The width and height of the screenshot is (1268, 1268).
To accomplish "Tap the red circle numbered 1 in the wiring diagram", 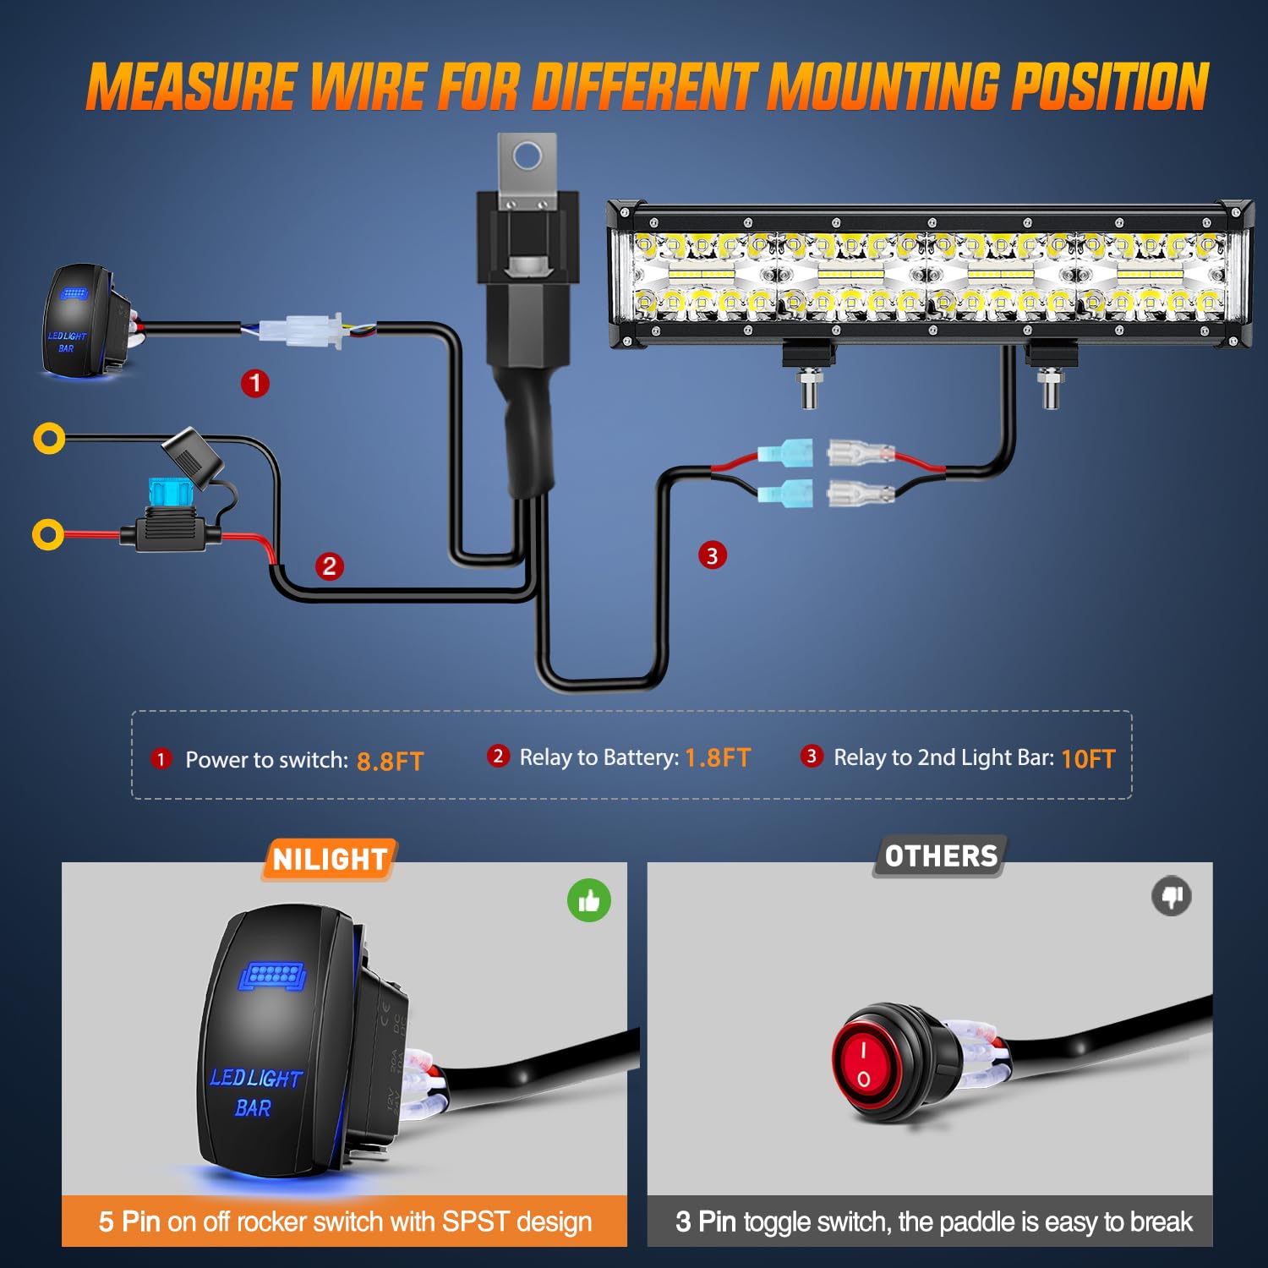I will tap(255, 384).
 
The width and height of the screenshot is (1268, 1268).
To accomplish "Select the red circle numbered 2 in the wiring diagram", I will tap(330, 566).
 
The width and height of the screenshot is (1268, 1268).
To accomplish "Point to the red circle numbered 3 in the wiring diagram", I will tap(712, 555).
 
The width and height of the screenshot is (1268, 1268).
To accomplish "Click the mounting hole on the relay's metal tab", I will tap(527, 156).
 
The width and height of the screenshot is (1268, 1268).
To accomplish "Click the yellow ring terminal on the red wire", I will tap(48, 535).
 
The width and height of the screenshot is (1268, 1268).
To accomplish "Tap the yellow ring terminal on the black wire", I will tap(49, 438).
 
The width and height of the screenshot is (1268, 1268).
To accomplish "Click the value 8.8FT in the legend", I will tap(390, 761).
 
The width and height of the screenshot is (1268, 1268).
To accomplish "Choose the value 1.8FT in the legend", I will tap(717, 757).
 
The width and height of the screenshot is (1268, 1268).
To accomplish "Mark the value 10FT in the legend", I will tap(1088, 759).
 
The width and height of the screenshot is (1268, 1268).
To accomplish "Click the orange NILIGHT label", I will tap(330, 860).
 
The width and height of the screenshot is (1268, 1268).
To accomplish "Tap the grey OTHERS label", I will tap(941, 856).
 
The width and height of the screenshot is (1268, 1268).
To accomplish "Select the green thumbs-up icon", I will tap(589, 901).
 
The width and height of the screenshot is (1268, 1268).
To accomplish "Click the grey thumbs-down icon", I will tap(1172, 896).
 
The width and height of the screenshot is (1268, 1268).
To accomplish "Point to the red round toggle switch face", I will tap(864, 1063).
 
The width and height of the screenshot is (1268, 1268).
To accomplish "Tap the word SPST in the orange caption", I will tap(475, 1222).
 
